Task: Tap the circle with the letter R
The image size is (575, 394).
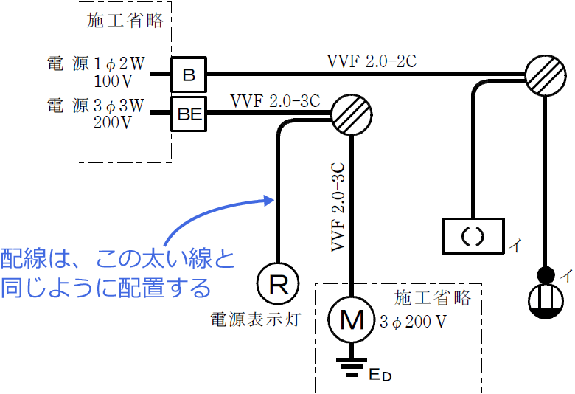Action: [x=278, y=283]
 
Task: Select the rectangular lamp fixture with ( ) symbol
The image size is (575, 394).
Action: [x=473, y=236]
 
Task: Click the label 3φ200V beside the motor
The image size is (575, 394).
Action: [x=414, y=322]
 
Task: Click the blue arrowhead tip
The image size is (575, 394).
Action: [x=267, y=198]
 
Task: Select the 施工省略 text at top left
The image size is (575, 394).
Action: [x=125, y=21]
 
